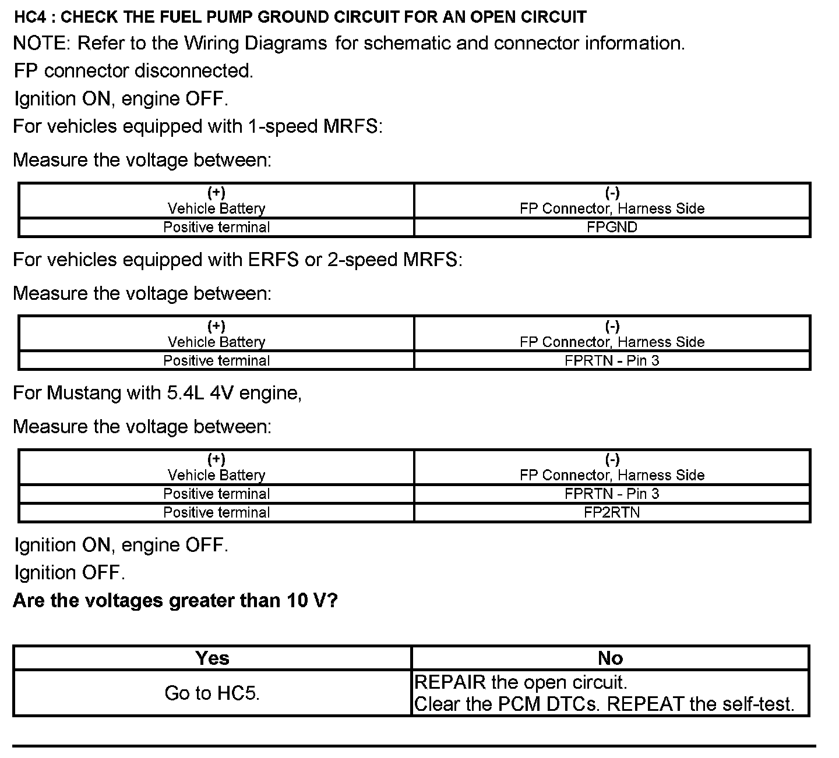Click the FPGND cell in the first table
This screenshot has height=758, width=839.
pos(612,227)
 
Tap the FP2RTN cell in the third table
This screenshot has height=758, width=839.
pos(612,512)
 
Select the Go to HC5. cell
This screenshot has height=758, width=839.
pos(212,693)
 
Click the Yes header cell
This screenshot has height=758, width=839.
pos(212,658)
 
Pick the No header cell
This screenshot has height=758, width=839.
pos(610,658)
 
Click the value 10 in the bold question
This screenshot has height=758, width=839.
pos(296,600)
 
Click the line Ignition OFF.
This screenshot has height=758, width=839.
pos(69,573)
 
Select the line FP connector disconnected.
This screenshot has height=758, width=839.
pos(133,71)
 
